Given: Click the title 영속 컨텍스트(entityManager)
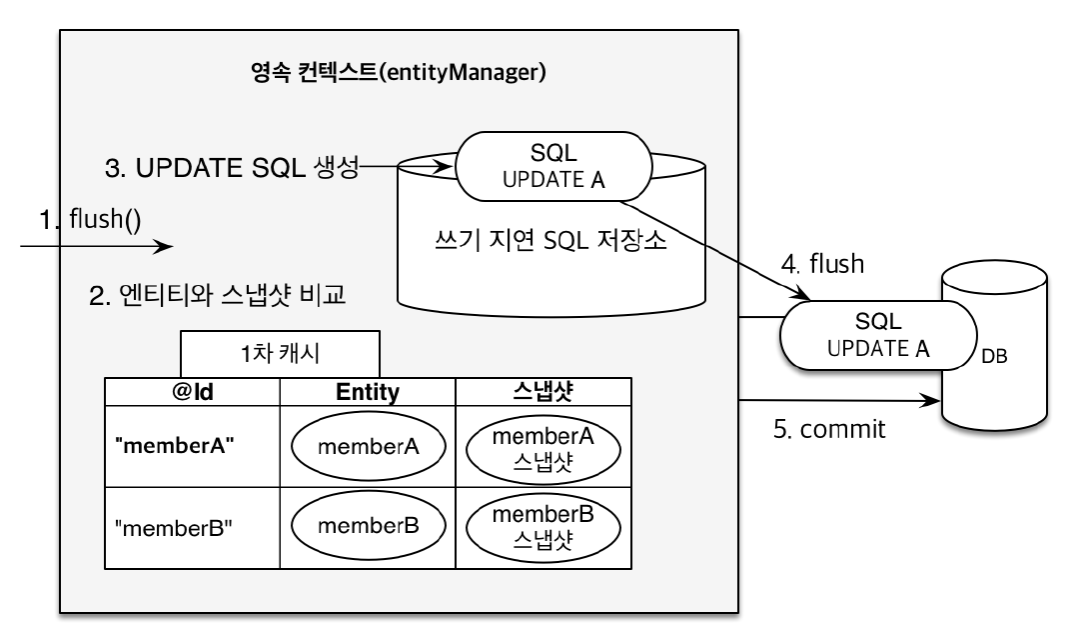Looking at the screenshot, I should coord(399,73).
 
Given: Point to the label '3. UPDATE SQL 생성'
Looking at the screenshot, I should coord(231,168).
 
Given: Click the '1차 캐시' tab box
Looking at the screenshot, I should coord(280,354).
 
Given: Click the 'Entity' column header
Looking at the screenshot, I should coord(367,390).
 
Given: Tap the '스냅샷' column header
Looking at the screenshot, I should coord(542,390).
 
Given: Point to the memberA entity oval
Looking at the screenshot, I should coord(367,446).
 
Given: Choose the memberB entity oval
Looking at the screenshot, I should coord(367,524).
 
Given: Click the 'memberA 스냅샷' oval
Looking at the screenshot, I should coord(542,446).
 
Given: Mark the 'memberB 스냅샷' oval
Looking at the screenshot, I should coord(542,526).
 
